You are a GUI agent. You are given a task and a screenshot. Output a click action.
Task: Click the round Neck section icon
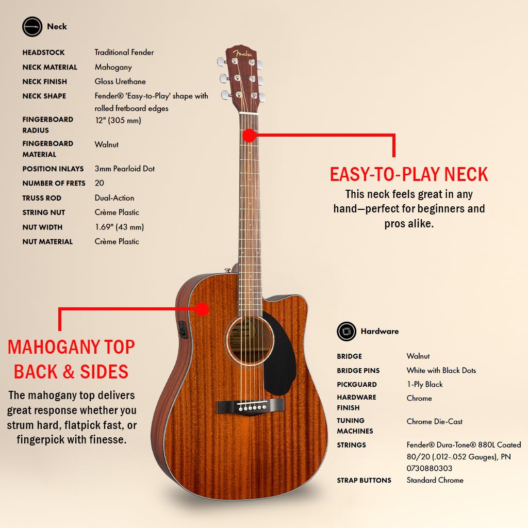[32, 26]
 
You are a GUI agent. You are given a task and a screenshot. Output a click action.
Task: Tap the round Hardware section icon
[346, 332]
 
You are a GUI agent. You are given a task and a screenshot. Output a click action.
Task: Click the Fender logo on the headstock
[241, 53]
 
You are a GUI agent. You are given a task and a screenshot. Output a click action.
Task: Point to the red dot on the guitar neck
[250, 136]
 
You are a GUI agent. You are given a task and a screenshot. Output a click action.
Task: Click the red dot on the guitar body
[202, 309]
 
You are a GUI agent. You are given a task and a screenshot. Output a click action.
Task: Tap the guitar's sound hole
[250, 341]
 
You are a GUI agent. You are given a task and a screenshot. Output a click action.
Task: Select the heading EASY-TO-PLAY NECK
[409, 175]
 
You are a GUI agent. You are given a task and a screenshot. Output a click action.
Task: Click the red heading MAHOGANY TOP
[71, 347]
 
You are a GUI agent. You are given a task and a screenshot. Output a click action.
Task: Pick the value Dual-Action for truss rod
[114, 198]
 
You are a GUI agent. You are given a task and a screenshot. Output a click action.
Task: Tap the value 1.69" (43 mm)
[119, 227]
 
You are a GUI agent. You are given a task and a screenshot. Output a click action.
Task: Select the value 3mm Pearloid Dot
[125, 169]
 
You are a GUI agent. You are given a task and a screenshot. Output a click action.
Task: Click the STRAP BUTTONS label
[364, 480]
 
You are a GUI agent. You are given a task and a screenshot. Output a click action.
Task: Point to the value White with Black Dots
[441, 370]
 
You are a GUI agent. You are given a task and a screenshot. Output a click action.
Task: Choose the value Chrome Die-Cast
[434, 421]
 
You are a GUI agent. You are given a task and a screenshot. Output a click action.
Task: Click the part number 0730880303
[429, 468]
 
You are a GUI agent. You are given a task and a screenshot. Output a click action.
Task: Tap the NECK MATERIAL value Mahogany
[113, 67]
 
